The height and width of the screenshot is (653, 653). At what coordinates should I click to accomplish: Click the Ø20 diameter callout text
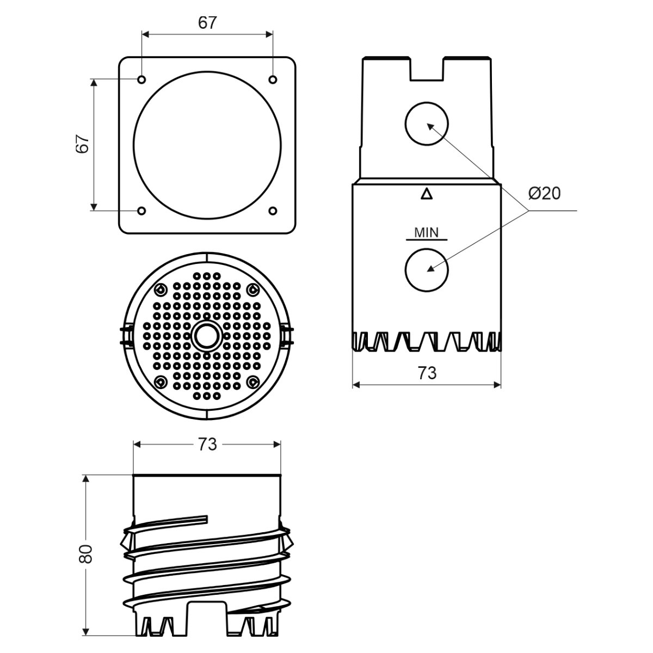click(x=545, y=194)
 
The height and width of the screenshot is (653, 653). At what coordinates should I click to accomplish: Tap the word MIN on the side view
click(x=426, y=232)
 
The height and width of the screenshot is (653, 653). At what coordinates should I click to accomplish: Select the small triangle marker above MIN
click(x=427, y=194)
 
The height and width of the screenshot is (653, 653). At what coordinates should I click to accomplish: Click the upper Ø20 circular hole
click(x=427, y=124)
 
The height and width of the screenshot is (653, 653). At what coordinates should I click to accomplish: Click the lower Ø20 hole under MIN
click(x=427, y=270)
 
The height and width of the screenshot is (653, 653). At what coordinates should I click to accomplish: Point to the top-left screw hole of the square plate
click(x=141, y=79)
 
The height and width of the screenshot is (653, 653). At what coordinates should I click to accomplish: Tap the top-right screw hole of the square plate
click(x=273, y=79)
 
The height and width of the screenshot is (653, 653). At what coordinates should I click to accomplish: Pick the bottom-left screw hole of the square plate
click(x=141, y=211)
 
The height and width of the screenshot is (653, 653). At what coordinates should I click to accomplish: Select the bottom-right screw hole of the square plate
click(x=273, y=211)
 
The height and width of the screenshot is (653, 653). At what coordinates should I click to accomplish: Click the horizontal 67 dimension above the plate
click(x=207, y=23)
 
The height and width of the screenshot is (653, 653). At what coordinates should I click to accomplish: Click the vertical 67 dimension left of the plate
click(x=82, y=144)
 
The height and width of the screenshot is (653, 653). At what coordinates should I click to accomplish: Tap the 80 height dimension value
click(x=85, y=554)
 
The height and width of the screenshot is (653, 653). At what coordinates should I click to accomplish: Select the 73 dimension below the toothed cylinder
click(x=427, y=373)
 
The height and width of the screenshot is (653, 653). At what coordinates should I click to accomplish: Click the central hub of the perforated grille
click(x=207, y=336)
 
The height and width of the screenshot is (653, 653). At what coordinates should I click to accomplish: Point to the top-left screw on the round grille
click(x=161, y=289)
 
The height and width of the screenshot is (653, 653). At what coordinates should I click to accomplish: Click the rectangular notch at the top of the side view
click(x=427, y=69)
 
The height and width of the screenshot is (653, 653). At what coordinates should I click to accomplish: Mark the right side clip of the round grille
click(x=287, y=336)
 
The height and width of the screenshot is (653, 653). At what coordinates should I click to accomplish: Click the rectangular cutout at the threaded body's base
click(x=207, y=615)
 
